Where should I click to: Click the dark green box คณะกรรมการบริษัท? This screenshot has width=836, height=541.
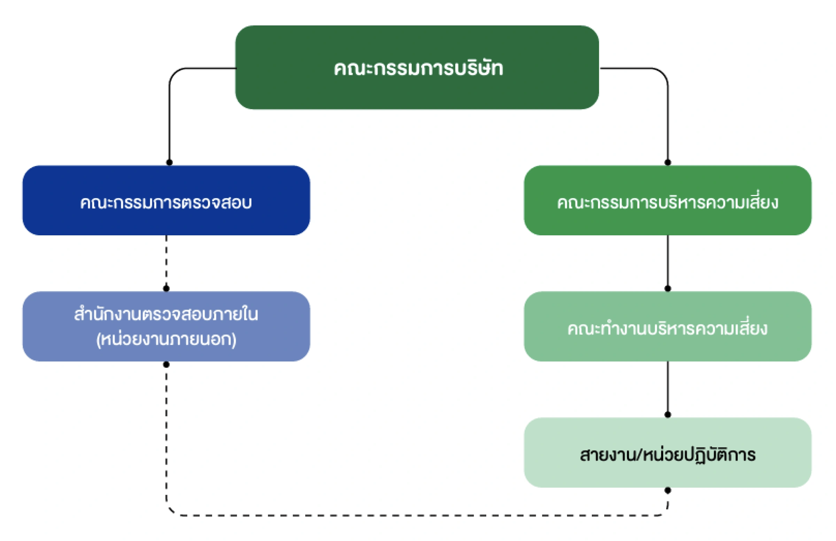(417, 68)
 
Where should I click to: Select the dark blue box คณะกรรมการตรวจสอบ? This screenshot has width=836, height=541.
(166, 201)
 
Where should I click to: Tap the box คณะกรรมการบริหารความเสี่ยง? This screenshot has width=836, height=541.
(668, 201)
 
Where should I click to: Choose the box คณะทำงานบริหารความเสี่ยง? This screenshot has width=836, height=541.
(668, 327)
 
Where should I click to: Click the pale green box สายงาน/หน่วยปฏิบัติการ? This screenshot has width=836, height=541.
(668, 453)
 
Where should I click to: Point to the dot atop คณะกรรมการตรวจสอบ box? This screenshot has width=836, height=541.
(169, 162)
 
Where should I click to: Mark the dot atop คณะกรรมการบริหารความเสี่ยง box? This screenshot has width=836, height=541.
(668, 162)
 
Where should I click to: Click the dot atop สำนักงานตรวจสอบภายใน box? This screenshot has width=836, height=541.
(167, 288)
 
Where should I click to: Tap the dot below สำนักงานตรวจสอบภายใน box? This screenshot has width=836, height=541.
(167, 365)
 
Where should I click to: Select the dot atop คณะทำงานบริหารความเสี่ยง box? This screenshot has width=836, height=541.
(668, 288)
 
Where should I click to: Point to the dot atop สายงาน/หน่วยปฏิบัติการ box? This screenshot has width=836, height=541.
(668, 415)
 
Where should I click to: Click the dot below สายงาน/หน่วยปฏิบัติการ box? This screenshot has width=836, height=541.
(668, 491)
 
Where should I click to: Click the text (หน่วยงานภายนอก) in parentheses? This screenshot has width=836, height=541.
(166, 339)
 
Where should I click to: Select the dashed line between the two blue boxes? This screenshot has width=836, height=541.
(167, 261)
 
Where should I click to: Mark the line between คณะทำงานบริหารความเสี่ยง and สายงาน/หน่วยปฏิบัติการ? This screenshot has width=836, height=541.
(668, 388)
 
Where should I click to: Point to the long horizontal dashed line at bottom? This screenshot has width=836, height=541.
(417, 515)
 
